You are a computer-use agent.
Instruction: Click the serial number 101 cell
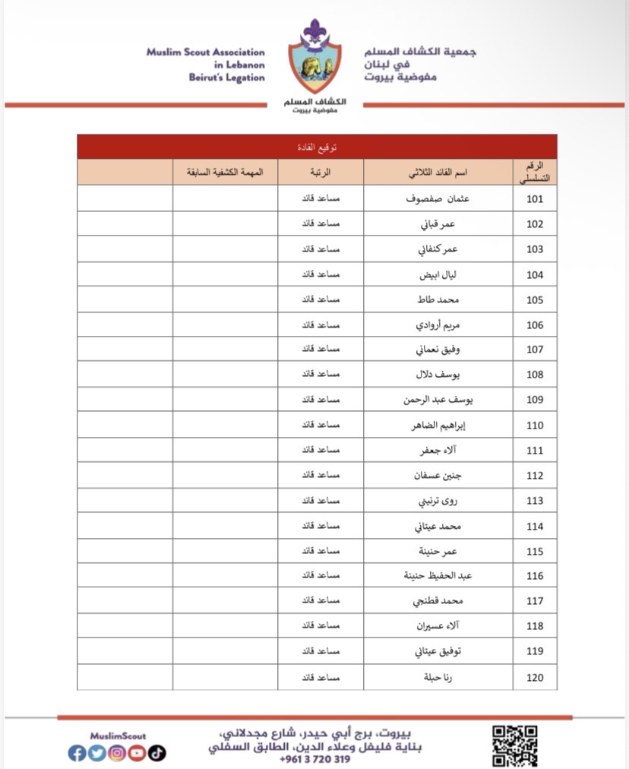[535, 199]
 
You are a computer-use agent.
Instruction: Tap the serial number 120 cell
[535, 677]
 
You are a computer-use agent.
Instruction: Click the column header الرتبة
[320, 172]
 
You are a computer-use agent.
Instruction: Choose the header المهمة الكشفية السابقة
[225, 172]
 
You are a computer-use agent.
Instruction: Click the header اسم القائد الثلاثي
[439, 172]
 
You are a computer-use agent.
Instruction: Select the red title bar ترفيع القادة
[317, 147]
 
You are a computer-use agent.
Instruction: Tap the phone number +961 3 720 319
[314, 759]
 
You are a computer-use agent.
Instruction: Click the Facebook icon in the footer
[77, 753]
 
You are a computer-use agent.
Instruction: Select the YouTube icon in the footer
[137, 753]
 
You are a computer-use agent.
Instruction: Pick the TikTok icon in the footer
[156, 753]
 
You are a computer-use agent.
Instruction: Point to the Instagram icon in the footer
[117, 753]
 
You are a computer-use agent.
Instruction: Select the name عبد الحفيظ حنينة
[438, 576]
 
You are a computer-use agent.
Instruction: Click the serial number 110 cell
[535, 426]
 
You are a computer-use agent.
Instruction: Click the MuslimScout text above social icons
[117, 736]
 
